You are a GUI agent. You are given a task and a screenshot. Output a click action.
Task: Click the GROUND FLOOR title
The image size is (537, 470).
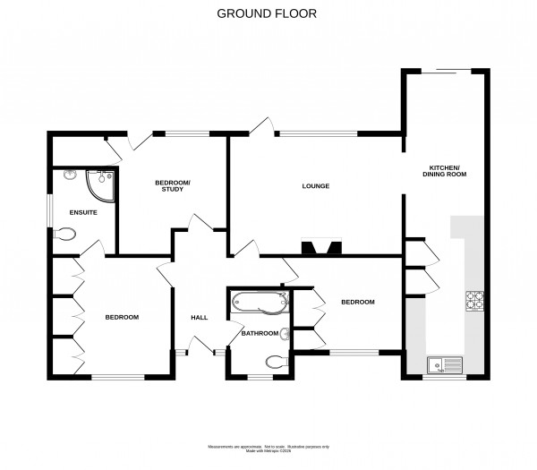point(268,14)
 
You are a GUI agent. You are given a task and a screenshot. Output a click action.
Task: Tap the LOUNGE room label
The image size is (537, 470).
point(316,186)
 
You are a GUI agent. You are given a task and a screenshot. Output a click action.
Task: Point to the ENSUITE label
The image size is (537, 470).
point(83,212)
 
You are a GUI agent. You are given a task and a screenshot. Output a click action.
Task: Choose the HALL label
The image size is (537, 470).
point(200,317)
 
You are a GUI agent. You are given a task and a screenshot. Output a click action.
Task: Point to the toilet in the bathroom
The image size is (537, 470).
point(278,363)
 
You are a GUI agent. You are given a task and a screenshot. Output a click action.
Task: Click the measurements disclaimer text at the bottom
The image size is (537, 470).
point(268,446)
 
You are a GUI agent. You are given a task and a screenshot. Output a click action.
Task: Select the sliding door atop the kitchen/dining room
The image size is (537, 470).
point(444,71)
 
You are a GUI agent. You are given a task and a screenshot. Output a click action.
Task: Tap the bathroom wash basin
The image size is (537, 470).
point(285,336)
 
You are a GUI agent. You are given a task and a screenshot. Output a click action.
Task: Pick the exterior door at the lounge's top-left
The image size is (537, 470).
point(260,128)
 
